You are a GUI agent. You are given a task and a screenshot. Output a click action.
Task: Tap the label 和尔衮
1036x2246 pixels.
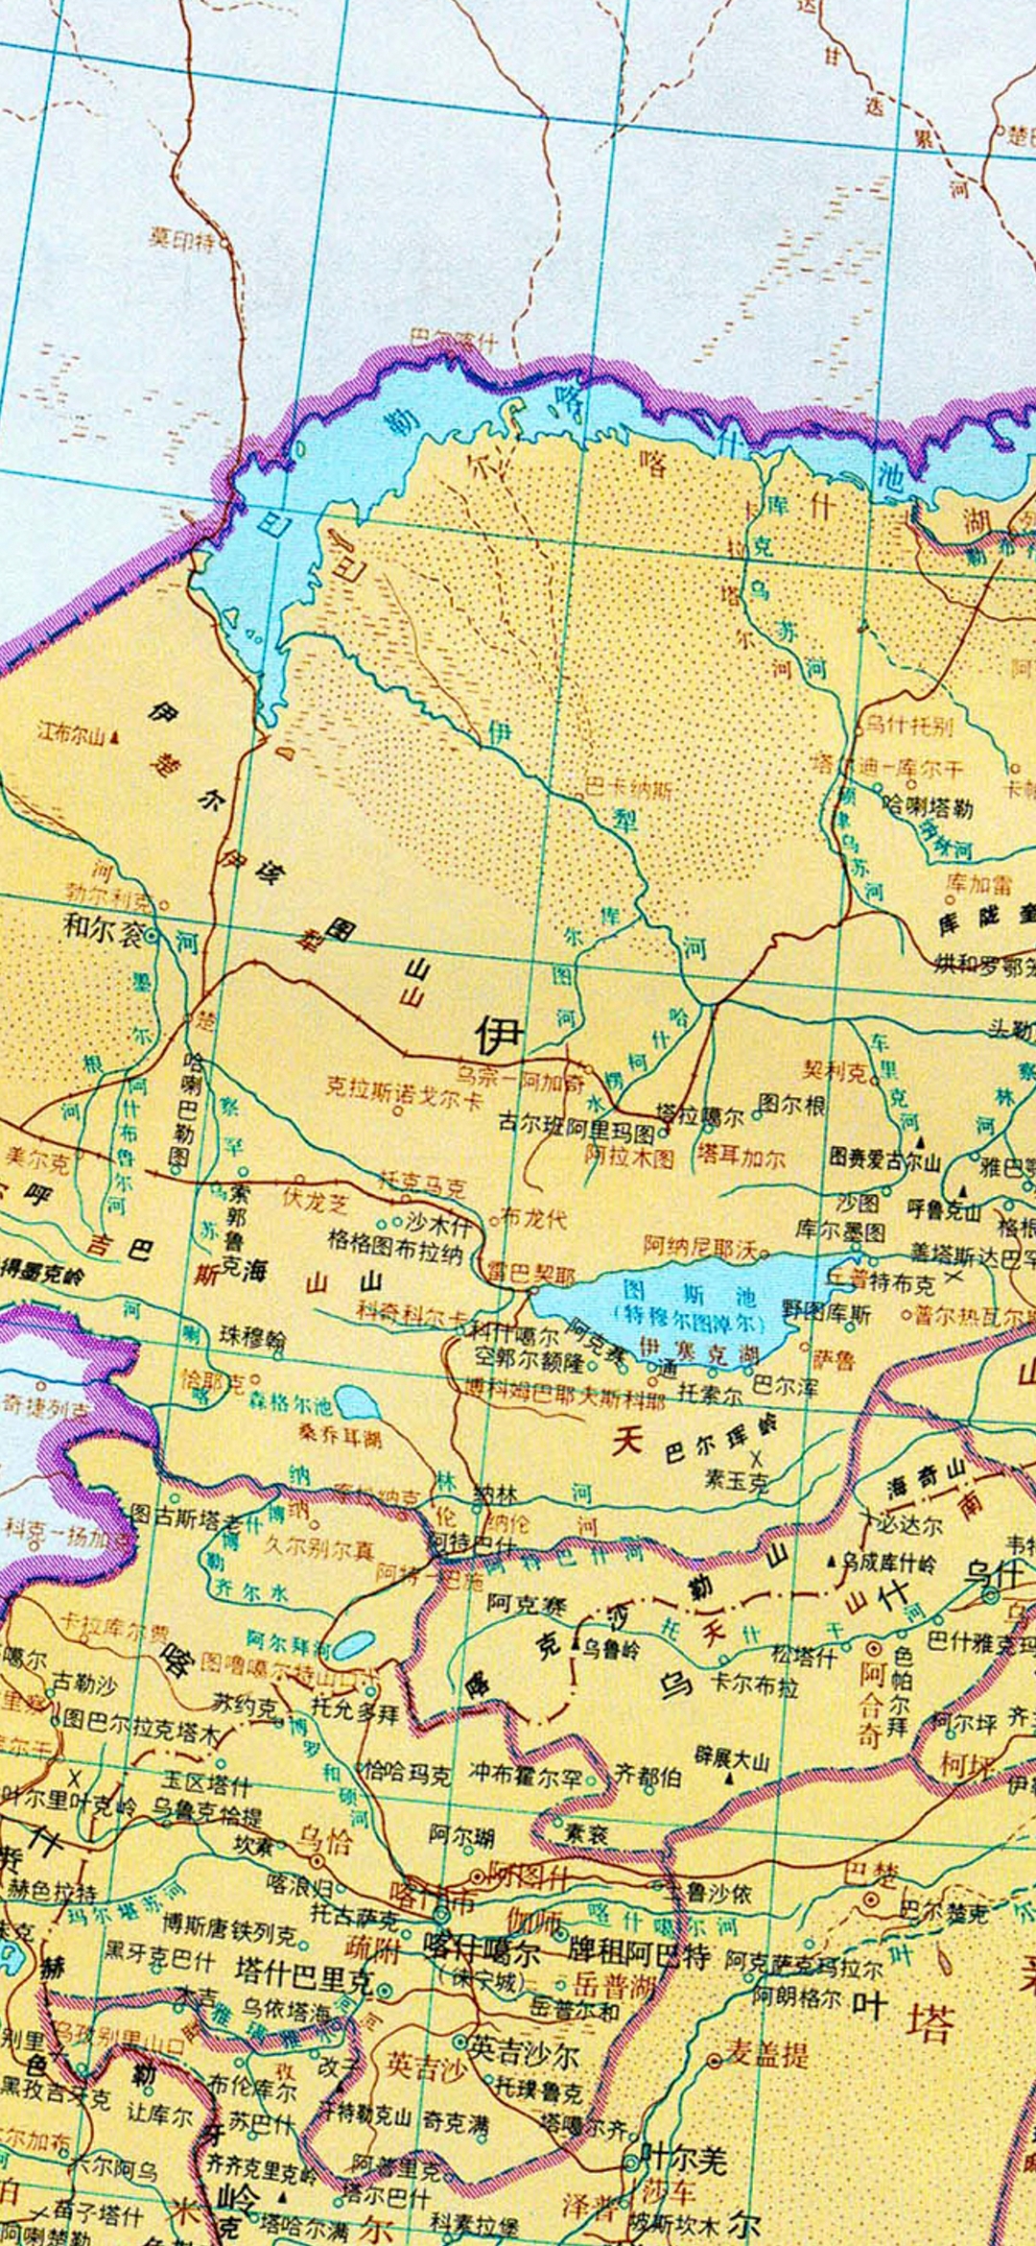(103, 929)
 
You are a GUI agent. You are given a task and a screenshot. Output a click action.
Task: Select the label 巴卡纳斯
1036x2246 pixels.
(628, 790)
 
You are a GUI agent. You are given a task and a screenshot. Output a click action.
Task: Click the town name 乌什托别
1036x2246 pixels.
(909, 725)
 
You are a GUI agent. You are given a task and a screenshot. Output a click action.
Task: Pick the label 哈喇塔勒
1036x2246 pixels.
(928, 806)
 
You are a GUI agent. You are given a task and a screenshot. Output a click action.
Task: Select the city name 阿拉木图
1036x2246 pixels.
(629, 1156)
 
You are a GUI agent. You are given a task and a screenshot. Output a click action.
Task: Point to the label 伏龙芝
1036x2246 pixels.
(315, 1200)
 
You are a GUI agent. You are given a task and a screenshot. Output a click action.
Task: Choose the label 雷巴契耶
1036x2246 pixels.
(530, 1275)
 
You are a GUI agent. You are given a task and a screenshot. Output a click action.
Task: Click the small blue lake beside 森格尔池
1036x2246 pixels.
(357, 1403)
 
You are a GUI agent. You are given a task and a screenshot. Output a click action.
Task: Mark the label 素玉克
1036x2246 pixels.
(736, 1481)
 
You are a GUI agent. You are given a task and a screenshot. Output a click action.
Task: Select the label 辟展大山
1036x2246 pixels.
(732, 1758)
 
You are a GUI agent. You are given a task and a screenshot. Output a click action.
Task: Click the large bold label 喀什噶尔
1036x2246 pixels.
(482, 1951)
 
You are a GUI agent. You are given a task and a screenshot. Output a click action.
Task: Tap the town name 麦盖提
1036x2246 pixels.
(765, 2053)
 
